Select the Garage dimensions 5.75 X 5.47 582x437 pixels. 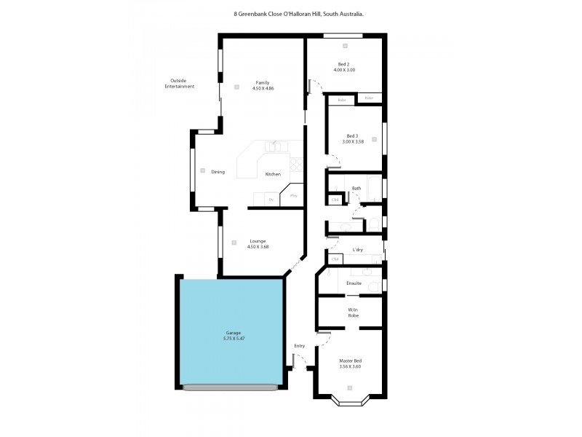click(x=233, y=339)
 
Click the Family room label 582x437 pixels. click(x=263, y=82)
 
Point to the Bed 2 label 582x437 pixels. click(x=344, y=64)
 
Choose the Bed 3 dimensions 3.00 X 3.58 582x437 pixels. click(x=352, y=141)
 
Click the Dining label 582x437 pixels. click(x=218, y=172)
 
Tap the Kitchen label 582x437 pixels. click(x=273, y=174)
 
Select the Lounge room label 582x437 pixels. click(x=258, y=241)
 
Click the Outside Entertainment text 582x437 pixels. click(x=180, y=83)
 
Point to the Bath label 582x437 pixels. click(x=356, y=188)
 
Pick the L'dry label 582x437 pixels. click(x=357, y=250)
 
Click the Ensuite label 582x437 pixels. click(x=354, y=283)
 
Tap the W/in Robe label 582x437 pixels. click(x=354, y=312)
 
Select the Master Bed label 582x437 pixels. click(x=351, y=361)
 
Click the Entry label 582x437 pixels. click(x=300, y=345)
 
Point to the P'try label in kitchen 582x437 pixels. click(x=294, y=195)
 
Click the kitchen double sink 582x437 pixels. click(x=274, y=146)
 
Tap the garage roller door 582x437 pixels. click(x=231, y=387)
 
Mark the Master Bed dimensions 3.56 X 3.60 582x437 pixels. click(x=351, y=366)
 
